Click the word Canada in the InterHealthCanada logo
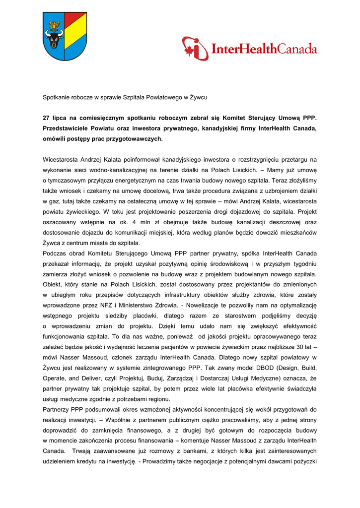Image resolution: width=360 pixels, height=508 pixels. pos(297,49)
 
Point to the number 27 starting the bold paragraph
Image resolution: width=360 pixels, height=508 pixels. pos(46,118)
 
